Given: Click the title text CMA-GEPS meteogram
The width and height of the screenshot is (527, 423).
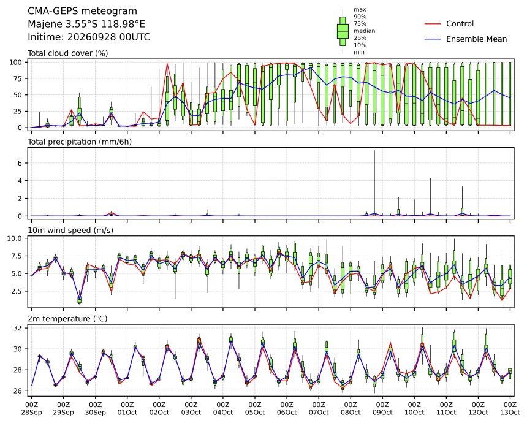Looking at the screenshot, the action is point(82,11).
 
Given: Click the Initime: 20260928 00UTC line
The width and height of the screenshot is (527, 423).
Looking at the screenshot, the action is point(89,37).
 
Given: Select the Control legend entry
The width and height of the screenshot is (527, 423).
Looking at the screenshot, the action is point(449,24).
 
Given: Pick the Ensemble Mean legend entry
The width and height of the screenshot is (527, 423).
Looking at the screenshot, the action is point(466,39).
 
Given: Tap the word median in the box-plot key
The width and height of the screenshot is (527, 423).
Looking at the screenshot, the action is point(365,31).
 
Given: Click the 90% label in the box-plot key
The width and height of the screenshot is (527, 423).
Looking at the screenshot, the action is point(360,17).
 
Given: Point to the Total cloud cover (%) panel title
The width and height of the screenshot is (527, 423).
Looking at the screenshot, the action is point(68,53).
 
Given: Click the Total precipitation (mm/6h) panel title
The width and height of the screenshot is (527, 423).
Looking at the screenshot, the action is point(80,142).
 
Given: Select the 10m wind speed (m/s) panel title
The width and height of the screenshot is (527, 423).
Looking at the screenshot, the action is point(70,231).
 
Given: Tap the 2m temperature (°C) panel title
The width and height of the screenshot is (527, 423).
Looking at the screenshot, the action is point(67,319).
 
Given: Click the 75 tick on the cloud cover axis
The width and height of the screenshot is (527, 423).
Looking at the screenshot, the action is point(17,78).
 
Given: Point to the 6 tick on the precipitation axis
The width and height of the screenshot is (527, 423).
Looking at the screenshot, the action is point(20,163).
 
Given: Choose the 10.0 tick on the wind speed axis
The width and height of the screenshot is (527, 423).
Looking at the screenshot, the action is point(15,238).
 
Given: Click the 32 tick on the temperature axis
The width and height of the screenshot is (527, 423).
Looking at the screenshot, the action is point(17,328).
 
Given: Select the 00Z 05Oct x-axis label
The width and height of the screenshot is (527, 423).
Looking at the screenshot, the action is point(255,408).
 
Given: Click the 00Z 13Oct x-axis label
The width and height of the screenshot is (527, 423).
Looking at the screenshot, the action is point(510,408).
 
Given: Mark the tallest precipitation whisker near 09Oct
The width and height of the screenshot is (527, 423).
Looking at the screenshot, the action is point(374,183).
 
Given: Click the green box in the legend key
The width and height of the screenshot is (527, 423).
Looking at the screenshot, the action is point(343,31).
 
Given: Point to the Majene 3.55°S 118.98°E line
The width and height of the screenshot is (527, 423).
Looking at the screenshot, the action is point(86,24).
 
